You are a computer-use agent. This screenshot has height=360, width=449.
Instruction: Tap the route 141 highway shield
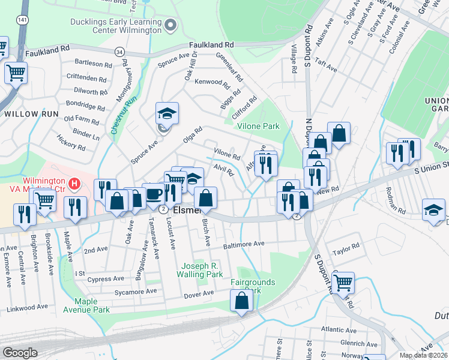[x=22, y=20]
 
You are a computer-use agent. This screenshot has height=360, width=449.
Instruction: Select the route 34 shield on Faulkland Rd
[x=120, y=52]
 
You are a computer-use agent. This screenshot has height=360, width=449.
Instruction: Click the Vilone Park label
[x=258, y=127]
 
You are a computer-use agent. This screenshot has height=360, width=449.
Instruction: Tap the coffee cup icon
[x=154, y=194]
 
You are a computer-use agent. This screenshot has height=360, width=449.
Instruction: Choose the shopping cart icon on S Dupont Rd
[x=343, y=283]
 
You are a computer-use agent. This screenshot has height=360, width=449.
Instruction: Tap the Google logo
[x=20, y=353]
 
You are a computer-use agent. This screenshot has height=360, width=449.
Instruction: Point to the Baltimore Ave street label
[x=243, y=244]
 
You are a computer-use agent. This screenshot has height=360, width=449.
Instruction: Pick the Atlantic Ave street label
[x=339, y=329]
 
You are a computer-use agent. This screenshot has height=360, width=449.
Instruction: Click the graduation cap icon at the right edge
[x=433, y=210]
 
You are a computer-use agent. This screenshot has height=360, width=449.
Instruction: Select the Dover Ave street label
[x=199, y=293]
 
